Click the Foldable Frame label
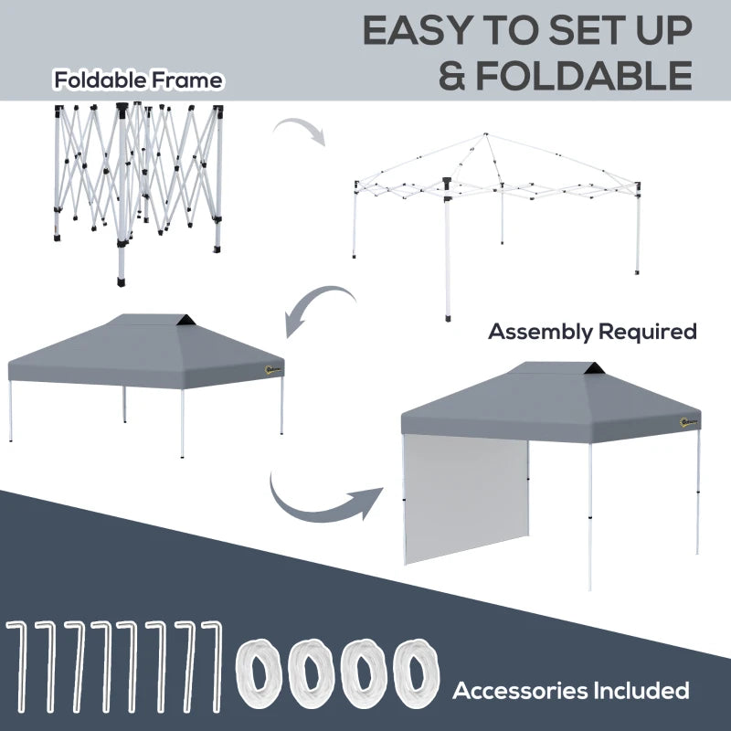click(137, 80)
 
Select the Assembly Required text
click(592, 332)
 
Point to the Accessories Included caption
click(571, 690)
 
